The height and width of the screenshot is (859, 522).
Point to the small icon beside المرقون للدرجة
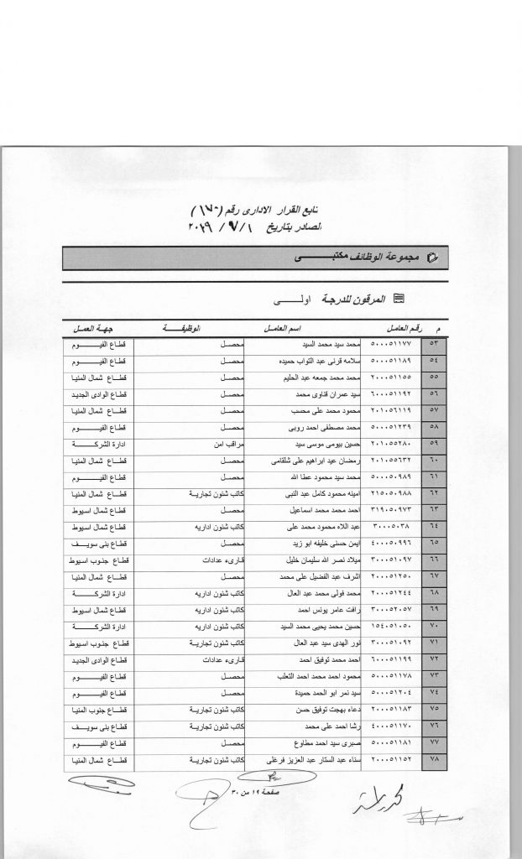tap(399, 298)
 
